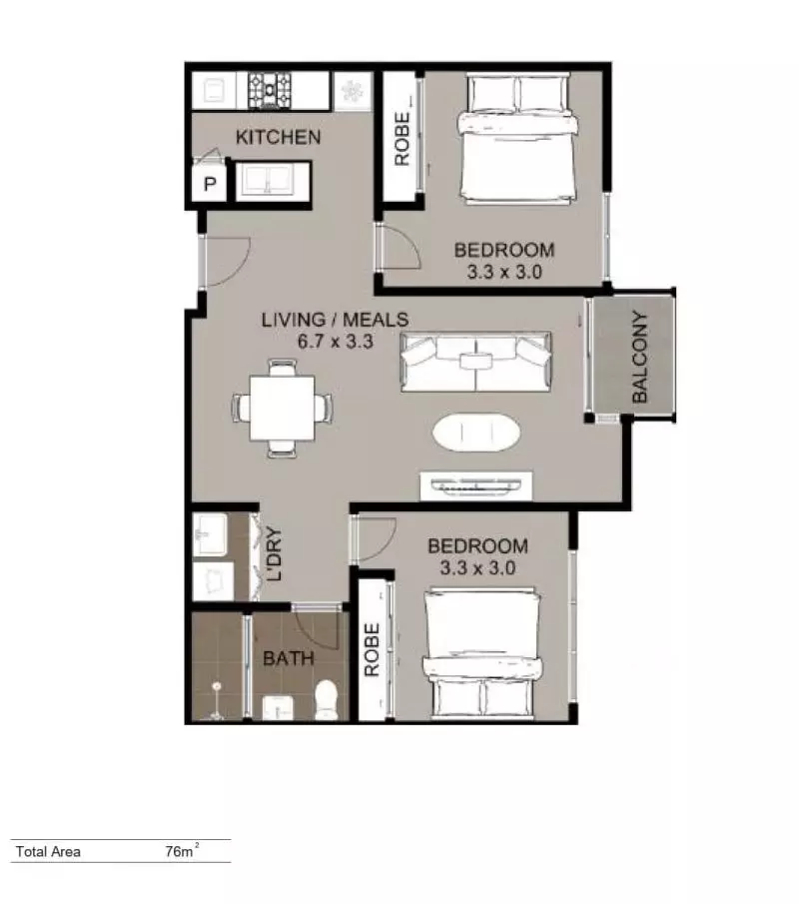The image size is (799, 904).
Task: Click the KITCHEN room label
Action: [279, 137]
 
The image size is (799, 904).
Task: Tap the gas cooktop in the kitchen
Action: [270, 90]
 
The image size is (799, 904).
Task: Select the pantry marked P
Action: [210, 184]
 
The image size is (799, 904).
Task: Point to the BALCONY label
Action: [640, 357]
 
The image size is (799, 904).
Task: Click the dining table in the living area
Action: [283, 409]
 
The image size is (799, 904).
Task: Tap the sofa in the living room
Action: [475, 362]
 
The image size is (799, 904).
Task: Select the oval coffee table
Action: [476, 432]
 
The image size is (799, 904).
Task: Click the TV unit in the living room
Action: [476, 486]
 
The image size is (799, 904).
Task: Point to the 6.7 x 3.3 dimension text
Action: [335, 342]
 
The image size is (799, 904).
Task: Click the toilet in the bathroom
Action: [327, 699]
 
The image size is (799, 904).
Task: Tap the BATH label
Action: [289, 658]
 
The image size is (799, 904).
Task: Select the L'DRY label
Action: [275, 554]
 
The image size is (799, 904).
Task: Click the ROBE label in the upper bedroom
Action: [402, 139]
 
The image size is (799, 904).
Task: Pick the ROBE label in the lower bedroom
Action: [372, 649]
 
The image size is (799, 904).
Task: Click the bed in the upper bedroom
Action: [517, 138]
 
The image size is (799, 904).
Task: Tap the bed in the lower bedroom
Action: [482, 654]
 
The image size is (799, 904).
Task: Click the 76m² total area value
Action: [181, 850]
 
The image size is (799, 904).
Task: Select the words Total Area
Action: [48, 851]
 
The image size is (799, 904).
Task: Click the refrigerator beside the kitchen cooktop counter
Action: [352, 91]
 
